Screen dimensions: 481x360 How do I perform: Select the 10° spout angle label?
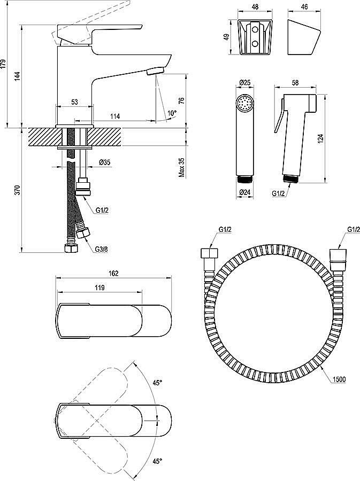171,113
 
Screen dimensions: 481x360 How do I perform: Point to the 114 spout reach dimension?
114,116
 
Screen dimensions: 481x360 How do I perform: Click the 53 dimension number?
74,102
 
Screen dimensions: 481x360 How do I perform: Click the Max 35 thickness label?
182,167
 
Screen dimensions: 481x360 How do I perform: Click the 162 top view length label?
113,273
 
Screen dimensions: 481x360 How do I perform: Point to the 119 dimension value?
99,288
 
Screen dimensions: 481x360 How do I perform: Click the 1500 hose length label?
339,379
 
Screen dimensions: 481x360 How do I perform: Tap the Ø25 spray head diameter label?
245,82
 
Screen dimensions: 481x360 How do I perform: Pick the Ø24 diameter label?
245,193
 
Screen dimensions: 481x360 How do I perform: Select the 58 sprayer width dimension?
295,82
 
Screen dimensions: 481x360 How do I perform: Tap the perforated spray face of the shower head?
245,102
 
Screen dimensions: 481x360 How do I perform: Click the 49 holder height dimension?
226,37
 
